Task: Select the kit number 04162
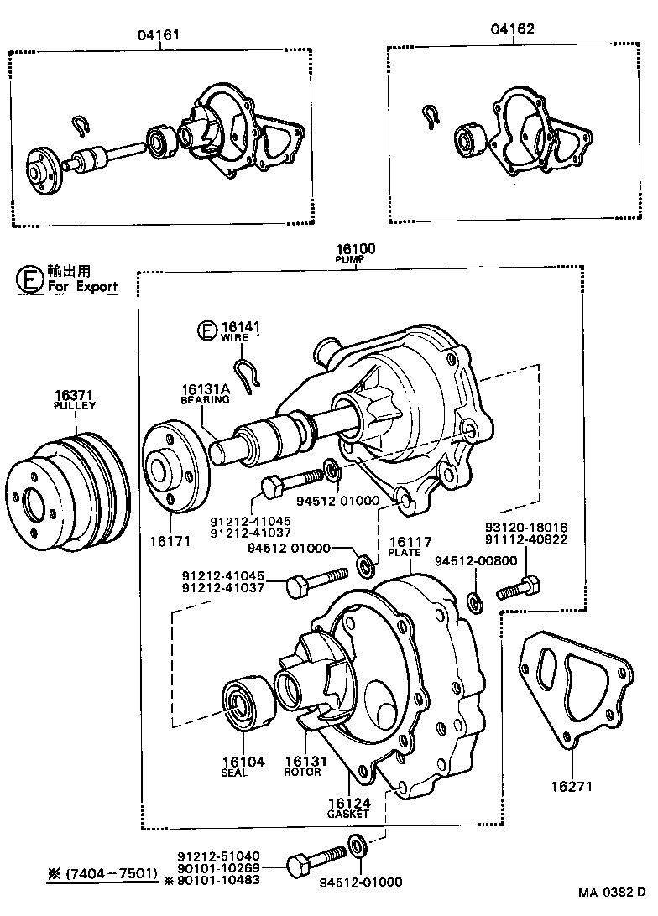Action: [x=513, y=30]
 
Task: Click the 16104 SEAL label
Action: [x=243, y=767]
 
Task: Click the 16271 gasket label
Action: [x=572, y=787]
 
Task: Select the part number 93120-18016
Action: [x=526, y=528]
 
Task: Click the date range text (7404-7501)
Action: [x=102, y=873]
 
